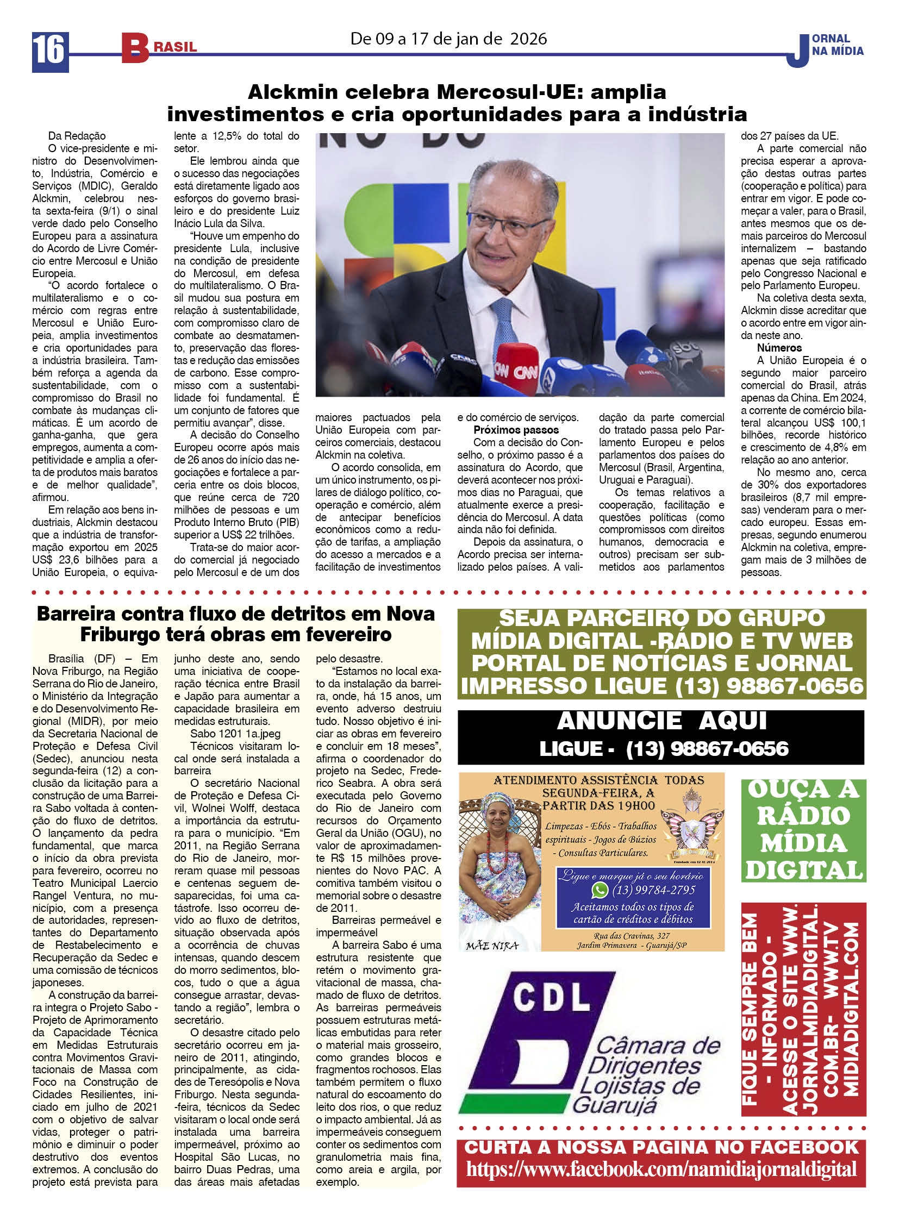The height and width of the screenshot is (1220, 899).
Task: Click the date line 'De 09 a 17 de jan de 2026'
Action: (448, 39)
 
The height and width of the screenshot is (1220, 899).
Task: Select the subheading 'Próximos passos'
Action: (516, 430)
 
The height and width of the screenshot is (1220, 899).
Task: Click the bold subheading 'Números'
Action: (779, 348)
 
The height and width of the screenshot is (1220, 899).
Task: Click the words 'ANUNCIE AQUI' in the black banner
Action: (661, 721)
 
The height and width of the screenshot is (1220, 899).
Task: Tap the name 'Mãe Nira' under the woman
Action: (492, 946)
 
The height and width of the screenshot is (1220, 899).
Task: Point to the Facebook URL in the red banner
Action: (661, 1169)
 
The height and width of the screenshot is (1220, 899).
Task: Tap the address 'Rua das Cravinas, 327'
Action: (632, 935)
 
